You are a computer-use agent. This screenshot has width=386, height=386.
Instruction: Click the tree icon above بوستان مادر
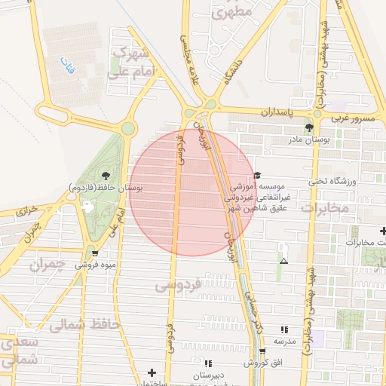click(x=309, y=127)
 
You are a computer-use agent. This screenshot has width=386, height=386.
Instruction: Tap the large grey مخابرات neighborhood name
click(x=326, y=206)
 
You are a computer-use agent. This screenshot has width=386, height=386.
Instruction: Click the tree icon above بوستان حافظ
click(x=105, y=175)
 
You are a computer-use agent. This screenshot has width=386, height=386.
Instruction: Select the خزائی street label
click(x=27, y=210)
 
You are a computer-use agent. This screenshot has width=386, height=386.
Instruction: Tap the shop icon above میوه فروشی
click(x=94, y=253)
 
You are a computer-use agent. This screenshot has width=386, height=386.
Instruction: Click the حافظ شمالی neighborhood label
click(x=75, y=326)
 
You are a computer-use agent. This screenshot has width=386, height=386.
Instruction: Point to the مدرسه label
click(x=283, y=342)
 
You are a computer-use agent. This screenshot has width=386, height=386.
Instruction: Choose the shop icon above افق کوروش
click(x=262, y=351)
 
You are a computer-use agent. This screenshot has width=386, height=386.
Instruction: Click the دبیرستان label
click(x=209, y=375)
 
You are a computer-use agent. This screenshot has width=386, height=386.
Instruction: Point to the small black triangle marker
click(x=283, y=261)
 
